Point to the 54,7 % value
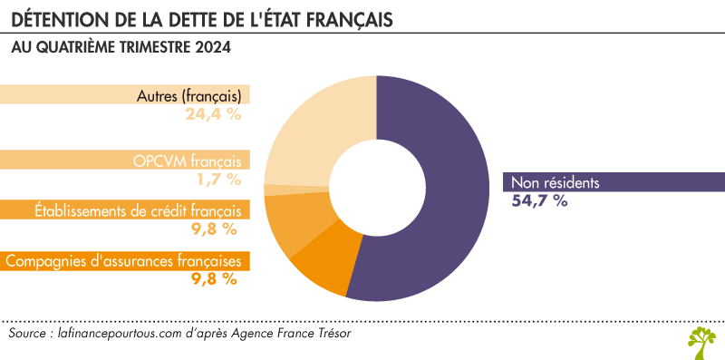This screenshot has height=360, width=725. pos(540,201)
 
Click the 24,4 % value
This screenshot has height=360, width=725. pos(214,114)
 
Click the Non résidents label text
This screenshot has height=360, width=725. pos(555,181)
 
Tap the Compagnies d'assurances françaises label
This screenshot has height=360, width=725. pos(124,261)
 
